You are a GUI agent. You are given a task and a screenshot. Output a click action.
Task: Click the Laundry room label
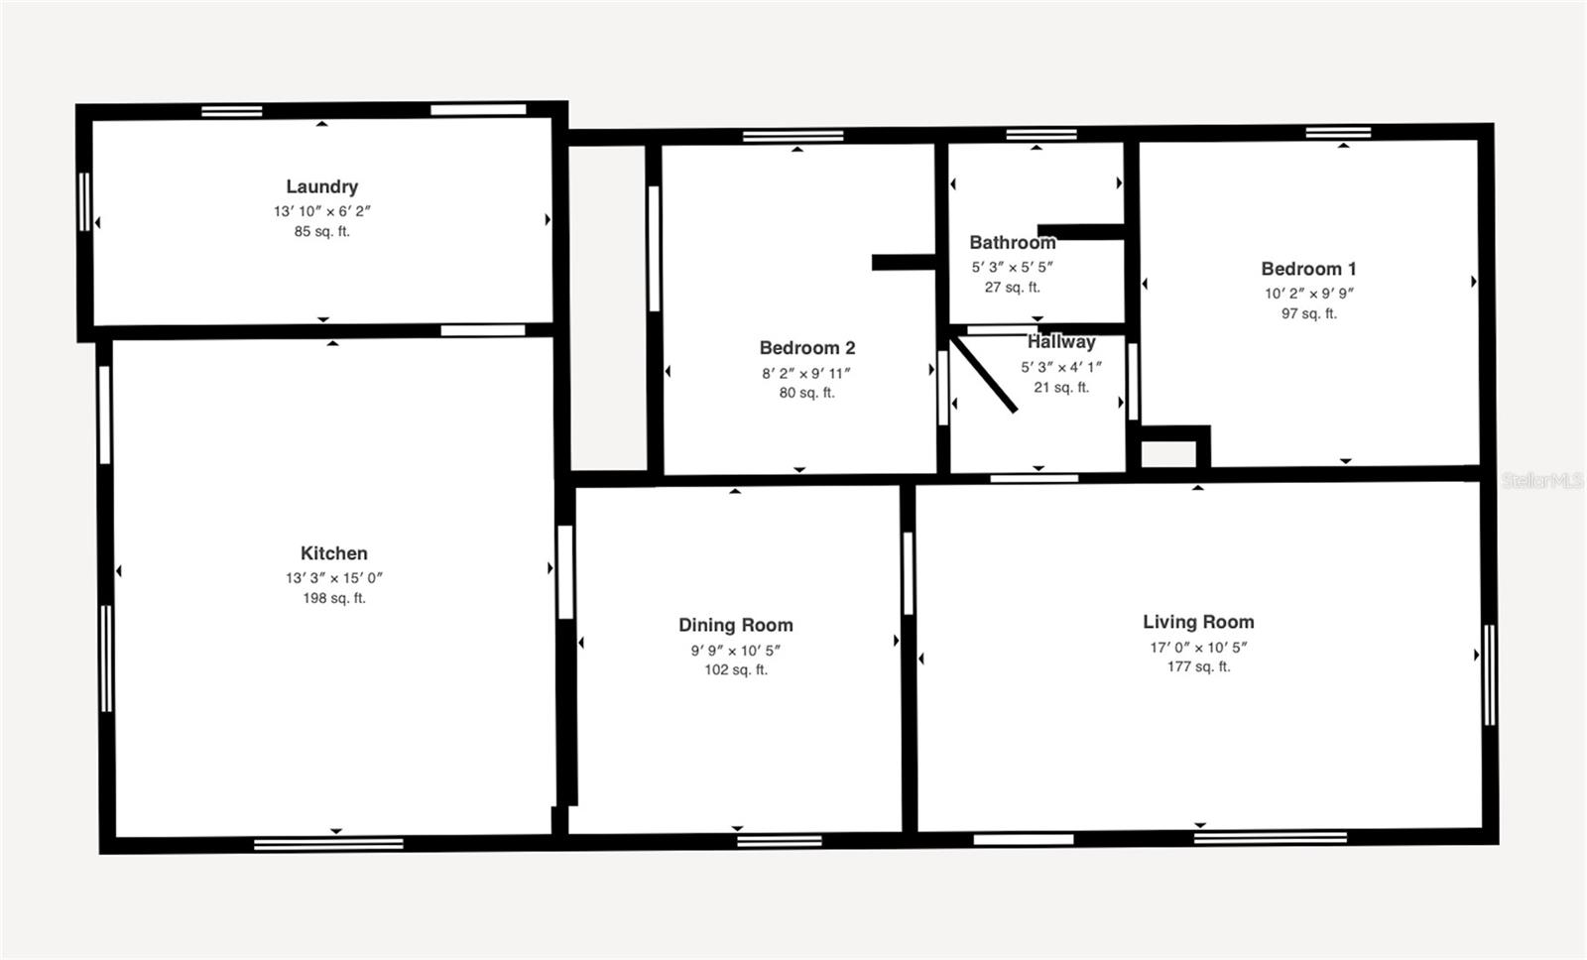(321, 186)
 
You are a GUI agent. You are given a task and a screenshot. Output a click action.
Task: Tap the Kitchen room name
(333, 553)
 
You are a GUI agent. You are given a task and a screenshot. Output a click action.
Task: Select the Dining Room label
(735, 625)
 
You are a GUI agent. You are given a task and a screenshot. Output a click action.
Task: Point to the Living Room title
(1197, 622)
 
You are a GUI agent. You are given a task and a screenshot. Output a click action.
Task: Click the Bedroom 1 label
(1307, 269)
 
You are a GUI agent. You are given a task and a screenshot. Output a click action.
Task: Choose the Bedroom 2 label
(806, 348)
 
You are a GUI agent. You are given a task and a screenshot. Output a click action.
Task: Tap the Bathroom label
(1012, 243)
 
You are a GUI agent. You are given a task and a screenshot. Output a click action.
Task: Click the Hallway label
(1060, 342)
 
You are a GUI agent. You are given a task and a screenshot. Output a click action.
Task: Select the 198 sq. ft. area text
(333, 598)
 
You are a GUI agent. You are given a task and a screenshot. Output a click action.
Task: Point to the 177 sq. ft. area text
(1197, 666)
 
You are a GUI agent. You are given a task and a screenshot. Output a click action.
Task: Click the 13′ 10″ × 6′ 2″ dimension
(321, 211)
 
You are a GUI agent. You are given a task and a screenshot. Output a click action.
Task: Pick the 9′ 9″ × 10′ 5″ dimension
(735, 651)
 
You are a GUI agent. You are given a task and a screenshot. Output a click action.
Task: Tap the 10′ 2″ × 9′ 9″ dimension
(1307, 294)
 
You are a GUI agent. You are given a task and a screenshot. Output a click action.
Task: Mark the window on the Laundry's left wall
(84, 202)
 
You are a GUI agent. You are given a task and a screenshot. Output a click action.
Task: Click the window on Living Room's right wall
(1489, 674)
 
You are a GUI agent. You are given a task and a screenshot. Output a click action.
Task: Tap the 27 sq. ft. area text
(1012, 288)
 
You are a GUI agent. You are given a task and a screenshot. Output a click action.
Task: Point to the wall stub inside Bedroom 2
(903, 263)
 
